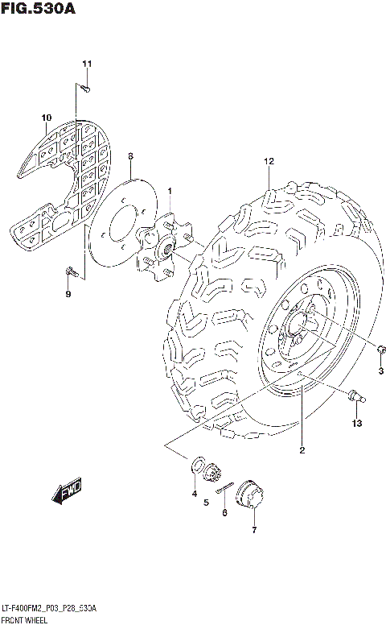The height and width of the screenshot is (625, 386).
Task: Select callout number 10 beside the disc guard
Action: click(x=45, y=120)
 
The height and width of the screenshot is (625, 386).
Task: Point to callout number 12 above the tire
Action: click(x=269, y=162)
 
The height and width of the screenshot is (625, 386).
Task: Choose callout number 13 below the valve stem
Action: click(x=356, y=423)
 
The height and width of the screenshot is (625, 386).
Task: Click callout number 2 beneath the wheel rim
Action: click(x=302, y=450)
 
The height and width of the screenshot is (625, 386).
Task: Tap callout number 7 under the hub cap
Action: click(x=254, y=530)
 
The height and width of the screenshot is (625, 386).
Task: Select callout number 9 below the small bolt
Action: click(x=68, y=294)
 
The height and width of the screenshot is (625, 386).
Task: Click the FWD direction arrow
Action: click(x=69, y=492)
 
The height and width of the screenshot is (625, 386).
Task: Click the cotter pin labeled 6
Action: click(x=226, y=488)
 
